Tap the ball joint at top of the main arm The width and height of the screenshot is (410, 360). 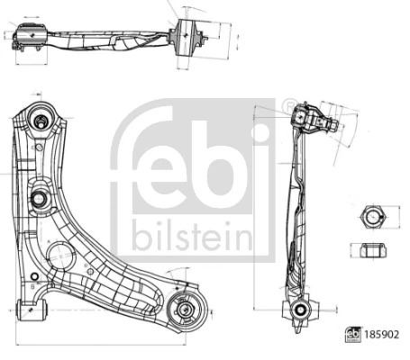click(41, 119)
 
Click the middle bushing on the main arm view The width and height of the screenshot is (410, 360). click(41, 200)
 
